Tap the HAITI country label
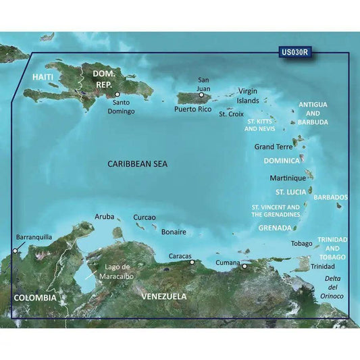tap(43, 78)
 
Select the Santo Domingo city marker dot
tap(117, 95)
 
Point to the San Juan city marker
tap(201, 95)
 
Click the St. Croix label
tap(231, 114)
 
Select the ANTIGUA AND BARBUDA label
tap(313, 113)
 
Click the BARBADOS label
tap(331, 197)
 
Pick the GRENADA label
tap(275, 228)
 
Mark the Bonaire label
tap(174, 232)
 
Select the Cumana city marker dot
tap(245, 266)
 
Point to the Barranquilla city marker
tap(14, 251)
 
